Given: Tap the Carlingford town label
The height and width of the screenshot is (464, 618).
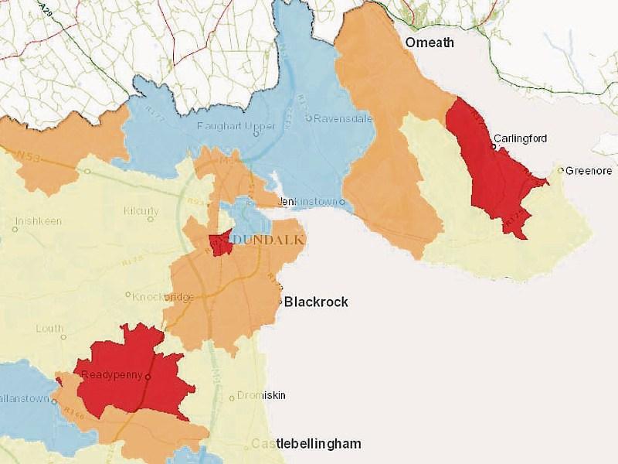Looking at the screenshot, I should point(521,138).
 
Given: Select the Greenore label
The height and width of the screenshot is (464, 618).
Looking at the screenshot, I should point(589,170).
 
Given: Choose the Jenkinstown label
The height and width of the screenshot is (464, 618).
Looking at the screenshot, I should point(307,202).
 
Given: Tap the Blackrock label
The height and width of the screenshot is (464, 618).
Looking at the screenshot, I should point(316,302).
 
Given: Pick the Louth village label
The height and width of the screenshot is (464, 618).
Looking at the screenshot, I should point(49,329).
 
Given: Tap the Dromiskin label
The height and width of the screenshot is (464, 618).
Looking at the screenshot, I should point(261,395).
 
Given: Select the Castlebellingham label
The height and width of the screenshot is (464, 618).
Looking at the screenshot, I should point(305,444).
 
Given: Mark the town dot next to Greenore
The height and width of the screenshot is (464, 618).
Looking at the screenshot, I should point(562,170).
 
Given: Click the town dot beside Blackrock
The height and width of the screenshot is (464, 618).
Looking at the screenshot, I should point(280,302).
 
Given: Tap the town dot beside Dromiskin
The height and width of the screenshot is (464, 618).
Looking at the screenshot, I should point(233,398).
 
